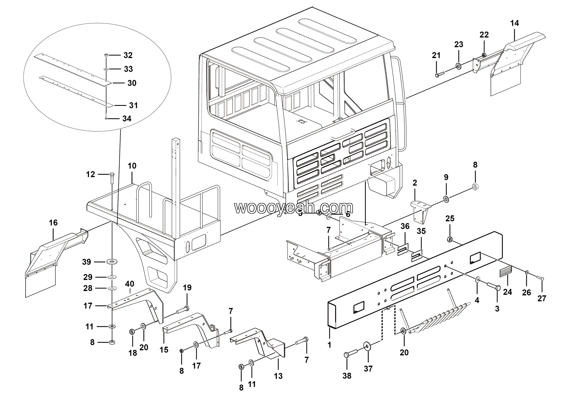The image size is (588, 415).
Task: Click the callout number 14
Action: (514, 23)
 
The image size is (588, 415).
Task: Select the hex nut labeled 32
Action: (107, 55)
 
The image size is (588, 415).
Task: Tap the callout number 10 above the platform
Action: (132, 166)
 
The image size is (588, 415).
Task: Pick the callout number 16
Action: (53, 223)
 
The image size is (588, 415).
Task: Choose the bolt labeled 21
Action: (439, 74)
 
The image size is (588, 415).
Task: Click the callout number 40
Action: (130, 284)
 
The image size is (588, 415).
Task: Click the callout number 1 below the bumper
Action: (329, 345)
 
